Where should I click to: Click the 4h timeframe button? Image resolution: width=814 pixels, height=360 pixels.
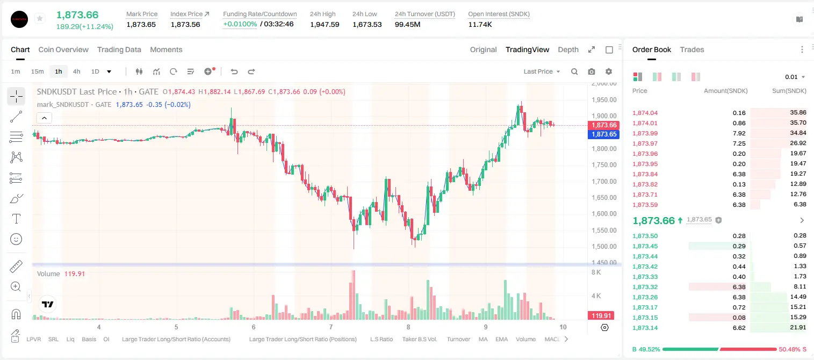76,71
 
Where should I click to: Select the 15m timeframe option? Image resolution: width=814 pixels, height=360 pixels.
37,71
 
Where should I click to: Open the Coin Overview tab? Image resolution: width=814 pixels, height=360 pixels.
63,49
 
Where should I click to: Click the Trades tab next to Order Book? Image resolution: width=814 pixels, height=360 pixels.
692,49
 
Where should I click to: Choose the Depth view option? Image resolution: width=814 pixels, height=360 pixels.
568,49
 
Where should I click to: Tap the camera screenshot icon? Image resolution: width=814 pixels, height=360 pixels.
592,71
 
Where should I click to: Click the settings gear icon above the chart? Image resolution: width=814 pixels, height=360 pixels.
609,71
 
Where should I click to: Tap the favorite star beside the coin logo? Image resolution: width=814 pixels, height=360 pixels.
40,18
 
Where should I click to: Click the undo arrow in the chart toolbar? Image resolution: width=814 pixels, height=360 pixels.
234,71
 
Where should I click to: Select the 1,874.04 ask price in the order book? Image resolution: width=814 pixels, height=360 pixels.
645,113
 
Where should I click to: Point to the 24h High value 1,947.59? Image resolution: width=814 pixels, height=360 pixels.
325,24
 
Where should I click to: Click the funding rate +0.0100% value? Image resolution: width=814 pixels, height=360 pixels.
240,24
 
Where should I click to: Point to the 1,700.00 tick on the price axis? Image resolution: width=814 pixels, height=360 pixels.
604,181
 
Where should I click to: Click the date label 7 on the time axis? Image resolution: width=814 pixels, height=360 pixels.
330,327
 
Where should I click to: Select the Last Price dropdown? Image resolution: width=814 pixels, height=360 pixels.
542,71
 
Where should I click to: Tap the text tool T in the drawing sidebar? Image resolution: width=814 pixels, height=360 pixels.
16,219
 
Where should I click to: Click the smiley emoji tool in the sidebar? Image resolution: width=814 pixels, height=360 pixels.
16,239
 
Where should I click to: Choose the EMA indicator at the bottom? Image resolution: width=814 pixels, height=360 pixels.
501,339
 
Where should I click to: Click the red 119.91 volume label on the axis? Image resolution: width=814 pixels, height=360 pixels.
601,316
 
